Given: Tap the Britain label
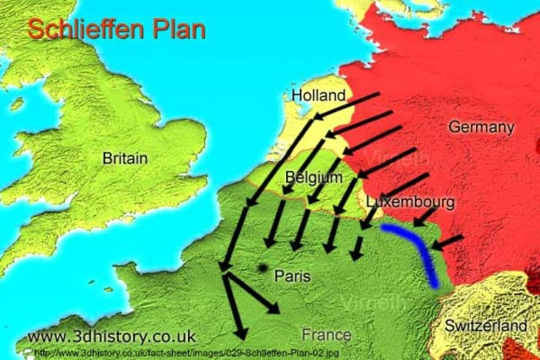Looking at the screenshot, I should point(125,158).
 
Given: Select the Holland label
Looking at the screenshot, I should point(318,95).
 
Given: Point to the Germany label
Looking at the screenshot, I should point(481,126).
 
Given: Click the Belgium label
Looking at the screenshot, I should point(314,178).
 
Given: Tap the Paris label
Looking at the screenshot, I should point(293,276).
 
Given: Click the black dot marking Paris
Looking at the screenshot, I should point(263,268).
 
